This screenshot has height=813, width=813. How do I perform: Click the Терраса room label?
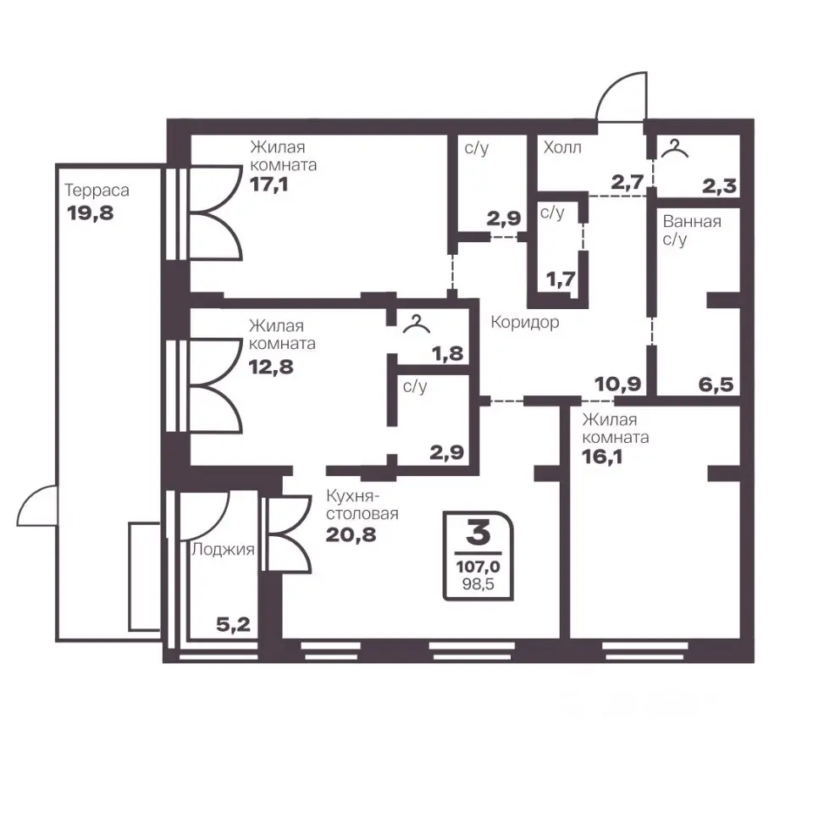[x=97, y=191]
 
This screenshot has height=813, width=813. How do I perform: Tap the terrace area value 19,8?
[x=91, y=213]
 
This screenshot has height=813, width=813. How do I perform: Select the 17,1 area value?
[x=268, y=184]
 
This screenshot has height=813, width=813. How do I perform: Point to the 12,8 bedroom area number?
[x=271, y=367]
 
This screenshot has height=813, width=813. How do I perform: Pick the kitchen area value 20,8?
[x=351, y=534]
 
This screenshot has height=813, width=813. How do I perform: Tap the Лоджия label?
[x=223, y=549]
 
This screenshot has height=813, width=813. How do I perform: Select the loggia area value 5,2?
[x=234, y=625]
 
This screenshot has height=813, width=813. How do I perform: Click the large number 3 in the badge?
[x=478, y=533]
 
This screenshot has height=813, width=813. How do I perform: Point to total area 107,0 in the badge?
[x=478, y=567]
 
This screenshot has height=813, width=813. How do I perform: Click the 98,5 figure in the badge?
[x=478, y=584]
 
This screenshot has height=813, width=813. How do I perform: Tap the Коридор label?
[x=525, y=323]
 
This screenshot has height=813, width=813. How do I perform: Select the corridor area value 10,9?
[x=618, y=384]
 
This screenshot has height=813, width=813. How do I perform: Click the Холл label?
[x=562, y=147]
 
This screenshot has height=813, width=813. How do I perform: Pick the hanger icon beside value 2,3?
[x=675, y=149]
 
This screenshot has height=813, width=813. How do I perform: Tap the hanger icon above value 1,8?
[x=417, y=324]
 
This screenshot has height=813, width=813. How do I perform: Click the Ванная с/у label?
[x=692, y=230]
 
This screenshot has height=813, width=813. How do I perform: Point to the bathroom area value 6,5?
[x=716, y=384]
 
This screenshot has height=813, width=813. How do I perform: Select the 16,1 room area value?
[x=601, y=456]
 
